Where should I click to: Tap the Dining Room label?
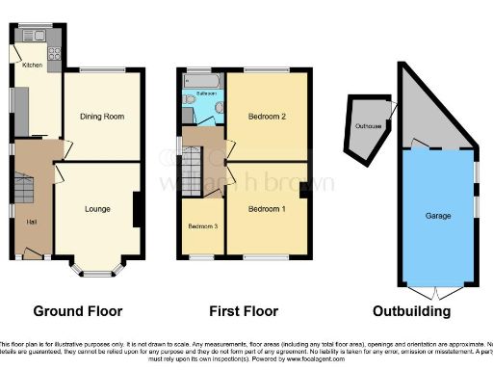pyautogui.click(x=100, y=117)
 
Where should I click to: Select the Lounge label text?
pyautogui.click(x=96, y=209)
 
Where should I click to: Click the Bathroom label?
pyautogui.click(x=205, y=93)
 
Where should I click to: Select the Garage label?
pyautogui.click(x=438, y=216)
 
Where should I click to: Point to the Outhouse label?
pyautogui.click(x=367, y=126)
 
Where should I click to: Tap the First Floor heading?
pyautogui.click(x=244, y=311)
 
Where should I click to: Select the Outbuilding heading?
pyautogui.click(x=411, y=311)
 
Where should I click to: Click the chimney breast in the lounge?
pyautogui.click(x=139, y=209)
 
